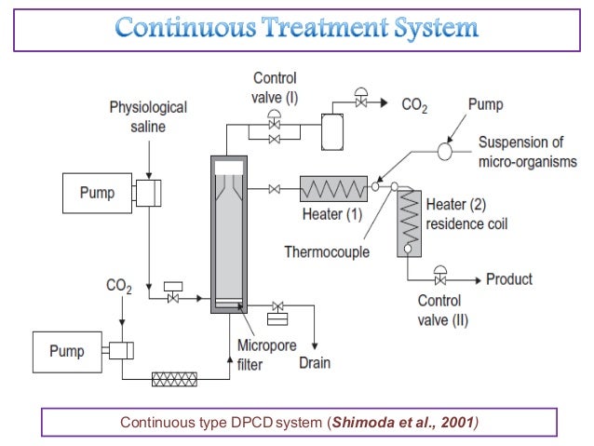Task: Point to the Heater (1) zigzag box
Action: point(333,189)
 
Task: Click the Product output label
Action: point(509,278)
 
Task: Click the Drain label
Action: point(315,362)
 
